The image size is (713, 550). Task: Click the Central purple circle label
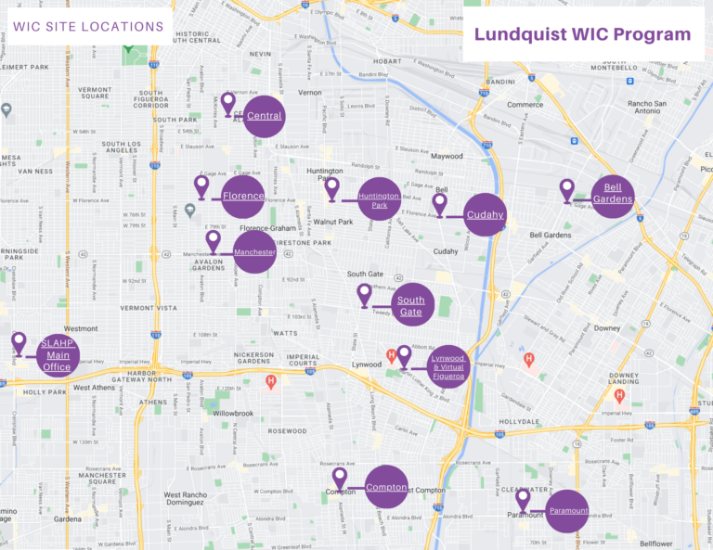(265, 117)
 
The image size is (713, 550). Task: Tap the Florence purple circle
(243, 197)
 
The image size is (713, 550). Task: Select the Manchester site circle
(254, 252)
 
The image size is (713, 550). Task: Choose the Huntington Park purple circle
(379, 199)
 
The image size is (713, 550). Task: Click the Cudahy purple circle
(486, 215)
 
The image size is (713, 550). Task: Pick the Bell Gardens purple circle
(612, 196)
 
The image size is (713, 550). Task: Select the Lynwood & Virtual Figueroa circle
(448, 367)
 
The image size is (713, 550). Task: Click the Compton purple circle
(386, 487)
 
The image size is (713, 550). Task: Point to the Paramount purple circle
(566, 511)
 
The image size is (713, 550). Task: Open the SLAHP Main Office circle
(57, 355)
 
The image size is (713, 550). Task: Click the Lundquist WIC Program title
(582, 34)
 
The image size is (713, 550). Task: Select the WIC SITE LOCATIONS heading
(88, 26)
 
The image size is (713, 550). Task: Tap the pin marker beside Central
(227, 102)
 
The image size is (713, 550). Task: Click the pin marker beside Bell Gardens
(567, 189)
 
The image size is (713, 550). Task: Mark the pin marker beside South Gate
(364, 294)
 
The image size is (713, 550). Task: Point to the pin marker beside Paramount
(523, 499)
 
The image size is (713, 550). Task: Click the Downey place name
(606, 327)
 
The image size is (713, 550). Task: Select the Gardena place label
(67, 518)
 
